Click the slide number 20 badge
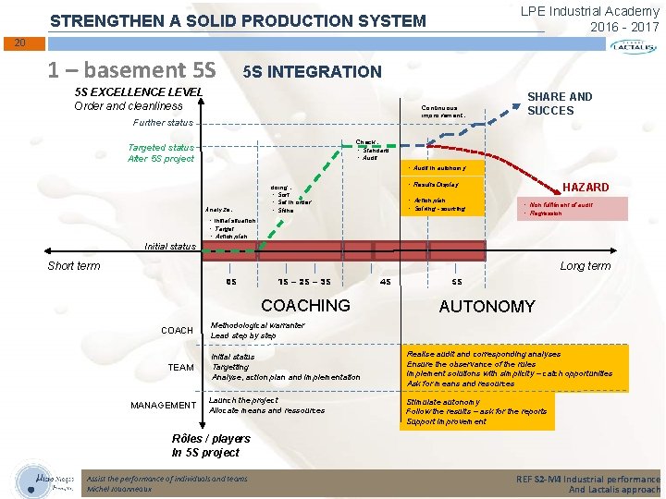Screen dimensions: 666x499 point(19,43)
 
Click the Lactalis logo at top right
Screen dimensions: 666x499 point(635,47)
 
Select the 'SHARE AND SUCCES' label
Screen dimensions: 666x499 point(560,103)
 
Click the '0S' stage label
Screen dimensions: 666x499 point(231,282)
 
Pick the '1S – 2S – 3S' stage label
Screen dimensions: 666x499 point(306,282)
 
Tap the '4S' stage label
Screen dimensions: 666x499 point(386,282)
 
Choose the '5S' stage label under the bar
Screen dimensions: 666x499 point(457,282)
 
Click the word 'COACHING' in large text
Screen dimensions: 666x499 point(305,306)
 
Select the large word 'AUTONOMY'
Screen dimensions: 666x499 point(487,307)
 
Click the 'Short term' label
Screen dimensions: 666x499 point(74,266)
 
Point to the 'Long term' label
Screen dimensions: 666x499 point(585,266)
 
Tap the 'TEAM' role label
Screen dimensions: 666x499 point(180,368)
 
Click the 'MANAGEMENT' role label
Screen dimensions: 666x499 point(163,406)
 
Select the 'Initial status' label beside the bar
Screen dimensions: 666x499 point(171,247)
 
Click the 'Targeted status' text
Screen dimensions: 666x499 point(161,148)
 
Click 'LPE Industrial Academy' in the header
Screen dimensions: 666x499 point(589,11)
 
